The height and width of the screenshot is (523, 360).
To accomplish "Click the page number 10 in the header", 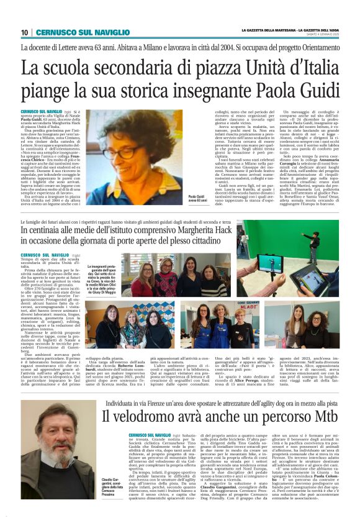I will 25,32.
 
